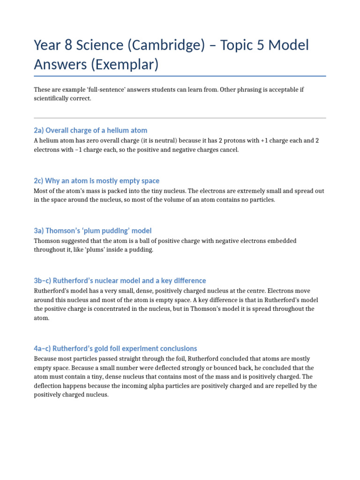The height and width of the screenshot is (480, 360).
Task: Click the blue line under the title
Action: click(x=180, y=75)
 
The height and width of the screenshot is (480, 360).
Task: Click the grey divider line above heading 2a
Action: click(x=180, y=118)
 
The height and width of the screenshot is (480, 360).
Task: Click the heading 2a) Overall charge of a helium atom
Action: click(x=90, y=130)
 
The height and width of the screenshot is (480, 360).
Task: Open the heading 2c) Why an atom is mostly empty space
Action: click(x=97, y=180)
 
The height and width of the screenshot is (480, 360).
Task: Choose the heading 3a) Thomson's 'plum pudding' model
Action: click(x=93, y=231)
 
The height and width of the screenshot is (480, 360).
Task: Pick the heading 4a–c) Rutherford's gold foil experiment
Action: click(x=115, y=349)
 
